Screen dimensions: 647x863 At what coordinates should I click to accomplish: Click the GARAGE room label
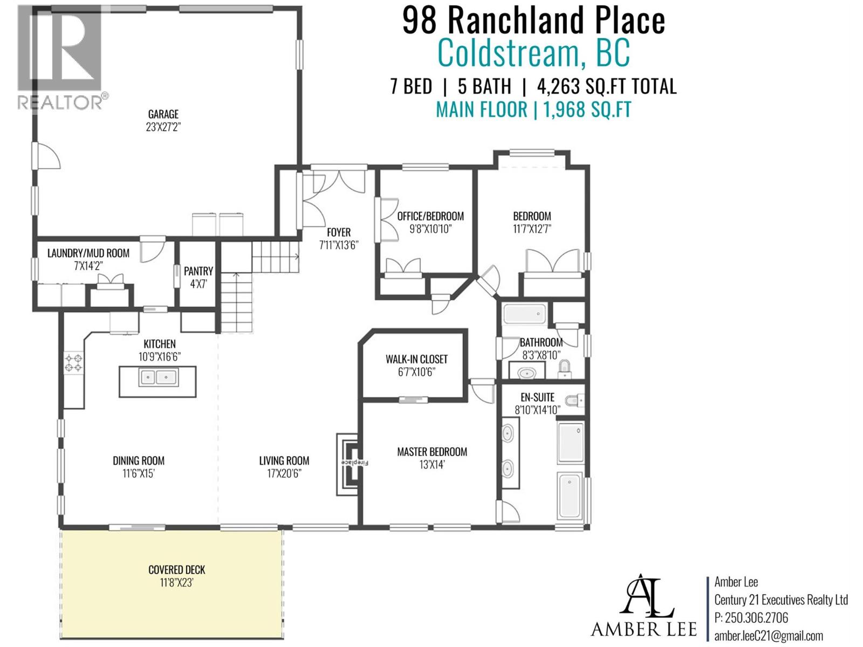[x=163, y=114]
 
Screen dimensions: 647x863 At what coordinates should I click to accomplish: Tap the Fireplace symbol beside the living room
[x=350, y=463]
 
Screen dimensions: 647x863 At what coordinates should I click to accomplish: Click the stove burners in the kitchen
[x=73, y=363]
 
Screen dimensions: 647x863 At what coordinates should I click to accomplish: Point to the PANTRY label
[x=198, y=271]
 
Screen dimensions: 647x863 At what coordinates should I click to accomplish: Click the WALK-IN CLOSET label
[x=416, y=359]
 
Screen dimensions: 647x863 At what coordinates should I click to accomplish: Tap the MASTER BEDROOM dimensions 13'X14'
[x=432, y=465]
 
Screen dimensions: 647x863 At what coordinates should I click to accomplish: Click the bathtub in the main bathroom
[x=524, y=313]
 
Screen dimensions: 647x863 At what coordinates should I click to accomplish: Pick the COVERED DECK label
[x=177, y=570]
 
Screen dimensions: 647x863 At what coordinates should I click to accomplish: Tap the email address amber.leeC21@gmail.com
[x=769, y=636]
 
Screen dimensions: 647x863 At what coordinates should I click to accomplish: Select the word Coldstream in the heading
[x=507, y=53]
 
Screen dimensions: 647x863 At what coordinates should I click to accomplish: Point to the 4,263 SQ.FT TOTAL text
[x=606, y=86]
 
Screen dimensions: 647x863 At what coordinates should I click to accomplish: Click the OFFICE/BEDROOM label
[x=430, y=216]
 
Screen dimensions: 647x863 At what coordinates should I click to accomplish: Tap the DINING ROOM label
[x=139, y=460]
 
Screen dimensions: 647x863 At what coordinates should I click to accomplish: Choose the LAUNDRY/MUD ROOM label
[x=88, y=253]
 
